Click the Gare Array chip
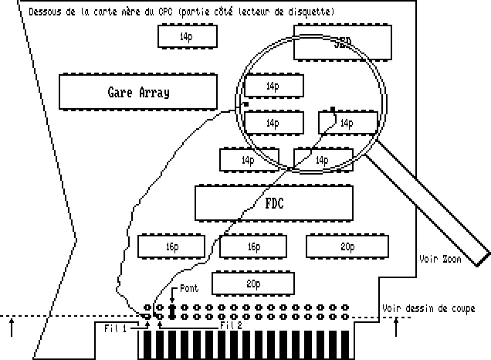point(138,93)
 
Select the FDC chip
point(274,204)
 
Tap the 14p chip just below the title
point(186,36)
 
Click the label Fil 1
point(117,327)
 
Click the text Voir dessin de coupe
point(429,308)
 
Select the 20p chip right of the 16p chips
point(347,246)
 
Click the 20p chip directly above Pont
point(252,284)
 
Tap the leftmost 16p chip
point(171,246)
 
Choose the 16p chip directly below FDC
point(253,246)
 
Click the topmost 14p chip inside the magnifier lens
point(273,86)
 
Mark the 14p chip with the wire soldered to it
point(348,122)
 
